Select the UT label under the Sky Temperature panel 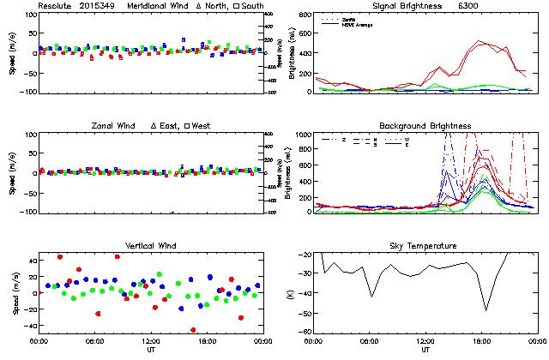point(425,350)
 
